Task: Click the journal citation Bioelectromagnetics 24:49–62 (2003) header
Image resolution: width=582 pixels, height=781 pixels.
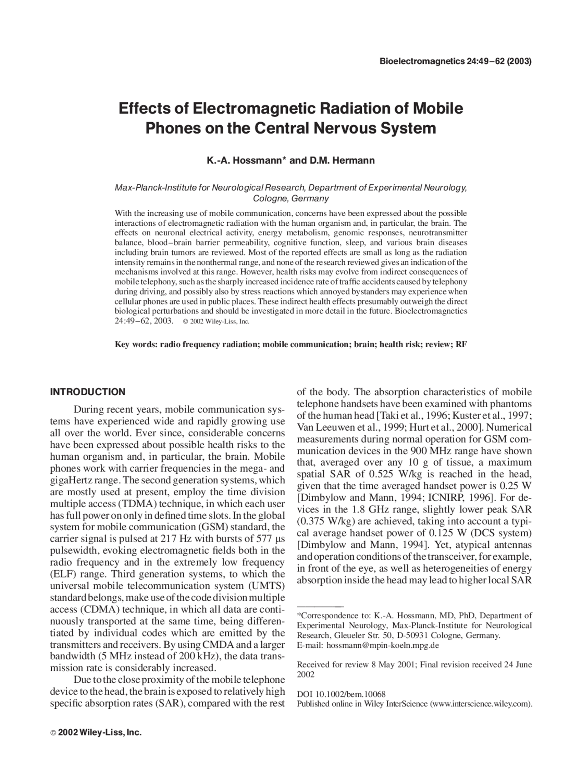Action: point(455,61)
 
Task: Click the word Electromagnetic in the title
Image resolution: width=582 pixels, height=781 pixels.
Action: point(255,109)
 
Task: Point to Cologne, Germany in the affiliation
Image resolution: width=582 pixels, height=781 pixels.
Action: point(291,199)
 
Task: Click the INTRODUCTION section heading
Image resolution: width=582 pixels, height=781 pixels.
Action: point(87,392)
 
